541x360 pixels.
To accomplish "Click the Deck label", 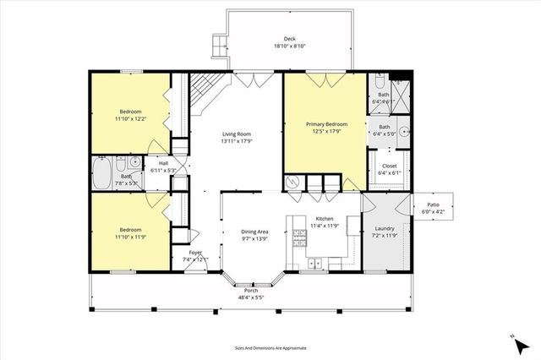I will pyautogui.click(x=289, y=39).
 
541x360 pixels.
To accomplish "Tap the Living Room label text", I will pyautogui.click(x=237, y=134).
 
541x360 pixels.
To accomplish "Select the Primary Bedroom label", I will pyautogui.click(x=325, y=124).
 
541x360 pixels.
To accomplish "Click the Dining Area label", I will pyautogui.click(x=254, y=232).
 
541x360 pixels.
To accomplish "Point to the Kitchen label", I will pyautogui.click(x=325, y=219).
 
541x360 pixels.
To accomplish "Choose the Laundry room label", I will pyautogui.click(x=385, y=228).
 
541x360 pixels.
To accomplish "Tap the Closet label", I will pyautogui.click(x=389, y=166).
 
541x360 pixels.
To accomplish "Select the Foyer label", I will pyautogui.click(x=195, y=253).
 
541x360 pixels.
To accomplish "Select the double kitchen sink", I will pyautogui.click(x=314, y=264).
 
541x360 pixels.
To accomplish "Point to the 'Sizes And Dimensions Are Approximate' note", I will pyautogui.click(x=270, y=347).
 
